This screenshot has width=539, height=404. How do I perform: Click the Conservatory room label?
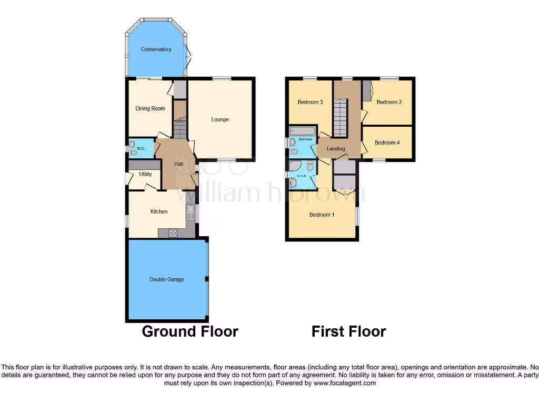tap(156, 49)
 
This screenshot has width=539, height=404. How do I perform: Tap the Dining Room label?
tap(151, 109)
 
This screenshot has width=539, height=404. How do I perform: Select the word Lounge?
tap(220, 119)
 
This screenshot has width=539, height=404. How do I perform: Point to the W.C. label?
tap(141, 149)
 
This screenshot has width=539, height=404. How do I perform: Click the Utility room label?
tap(145, 174)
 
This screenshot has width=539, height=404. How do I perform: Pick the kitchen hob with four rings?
tap(173, 233)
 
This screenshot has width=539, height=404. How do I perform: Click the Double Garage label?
tap(167, 279)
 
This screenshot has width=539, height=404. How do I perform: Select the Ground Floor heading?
tap(190, 331)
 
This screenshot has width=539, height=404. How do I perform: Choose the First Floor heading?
tap(348, 331)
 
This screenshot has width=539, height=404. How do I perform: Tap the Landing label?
tap(336, 149)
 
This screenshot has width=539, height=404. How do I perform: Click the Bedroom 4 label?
tap(387, 143)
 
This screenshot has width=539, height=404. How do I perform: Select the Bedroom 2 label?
tap(390, 102)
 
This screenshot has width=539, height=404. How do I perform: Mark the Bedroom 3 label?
tap(310, 102)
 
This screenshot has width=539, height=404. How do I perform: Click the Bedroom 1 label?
tap(322, 215)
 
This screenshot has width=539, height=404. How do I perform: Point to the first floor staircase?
tap(341, 119)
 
